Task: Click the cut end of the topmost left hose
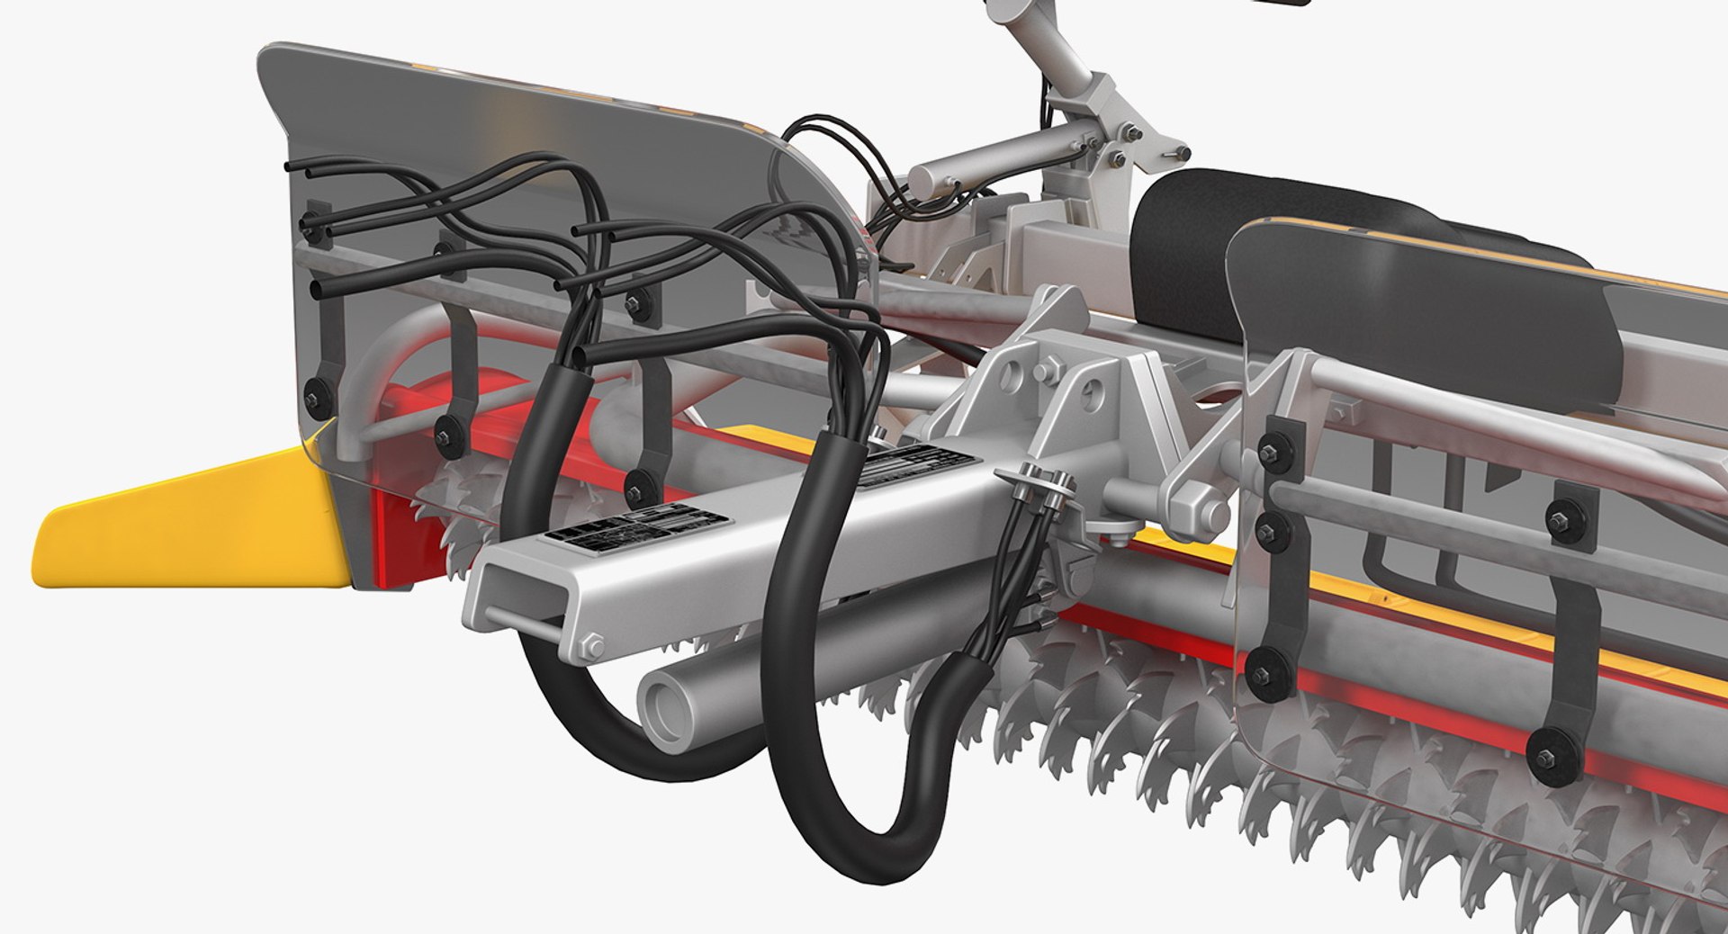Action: [x=289, y=167]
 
